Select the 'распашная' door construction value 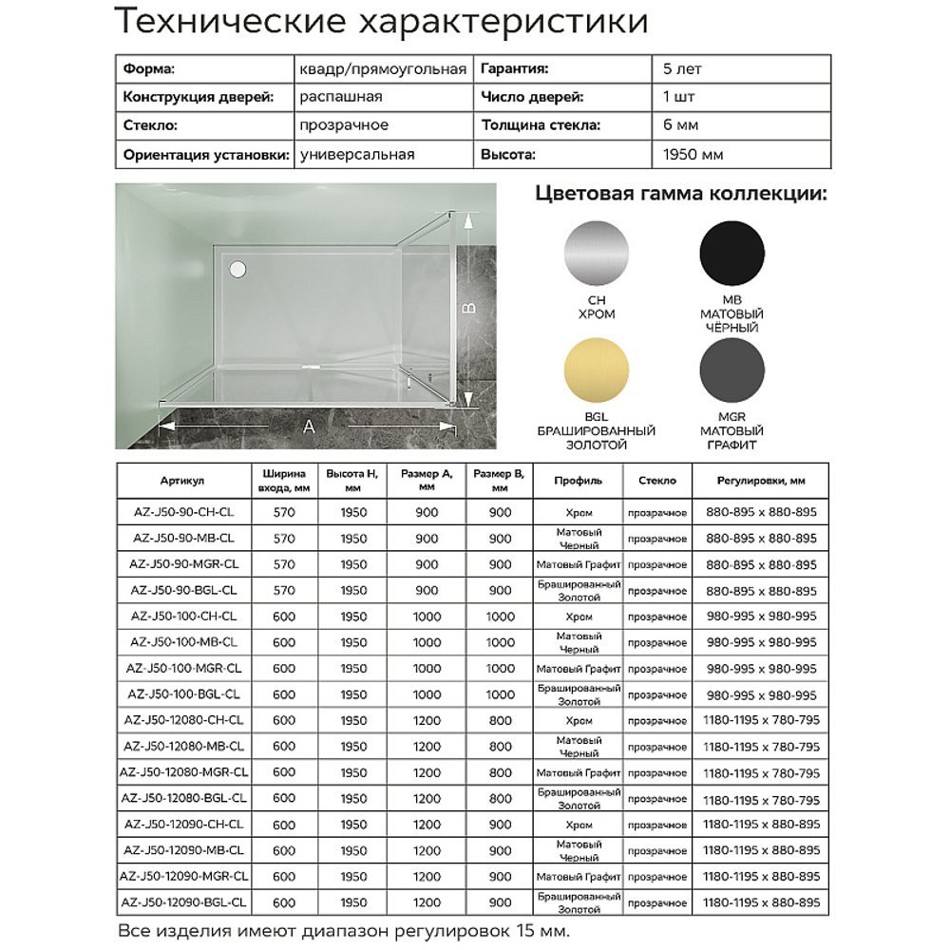click(340, 98)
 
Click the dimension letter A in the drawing click(309, 428)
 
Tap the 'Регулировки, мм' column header click(762, 482)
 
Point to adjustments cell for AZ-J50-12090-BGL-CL click(762, 902)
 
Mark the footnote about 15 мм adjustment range click(343, 930)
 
